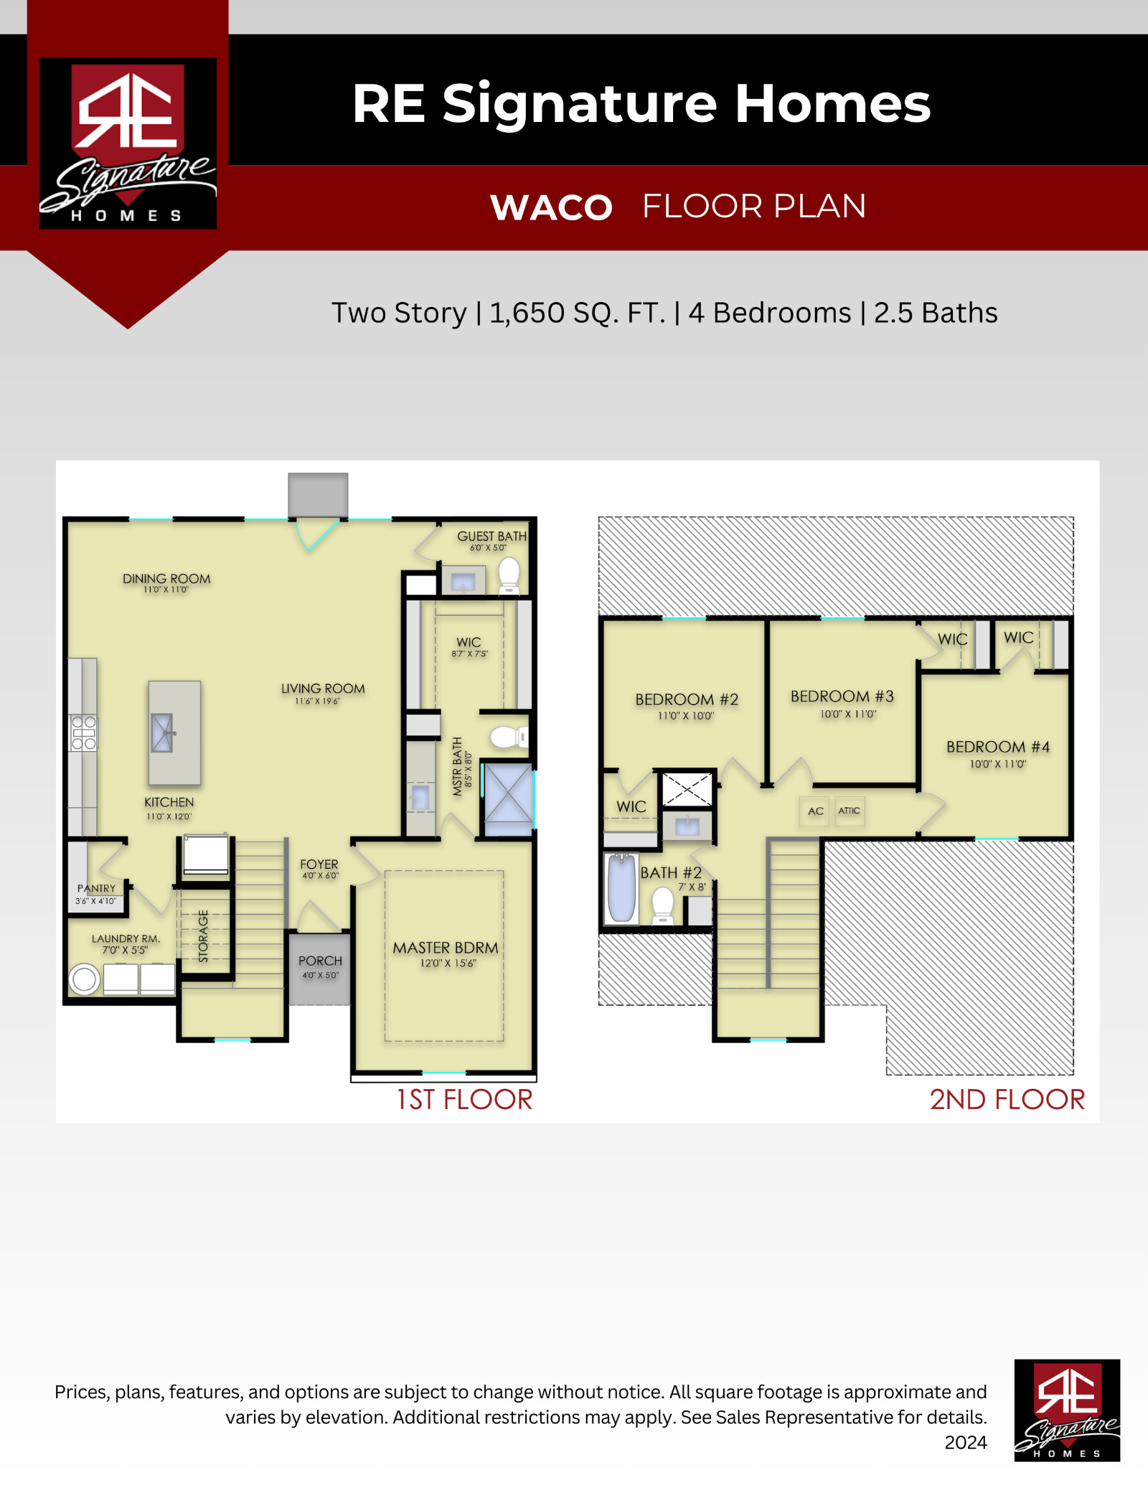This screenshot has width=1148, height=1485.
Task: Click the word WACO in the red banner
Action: (551, 207)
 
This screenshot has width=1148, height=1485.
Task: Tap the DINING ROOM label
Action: (166, 578)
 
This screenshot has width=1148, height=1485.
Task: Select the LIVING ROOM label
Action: (323, 689)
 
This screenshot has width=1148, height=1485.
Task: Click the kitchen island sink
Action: (162, 732)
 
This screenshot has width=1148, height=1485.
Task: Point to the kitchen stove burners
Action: (83, 732)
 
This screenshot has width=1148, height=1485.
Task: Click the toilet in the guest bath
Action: (509, 576)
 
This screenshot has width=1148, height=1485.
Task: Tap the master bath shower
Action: (508, 799)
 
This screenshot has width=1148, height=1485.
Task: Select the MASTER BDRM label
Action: (446, 948)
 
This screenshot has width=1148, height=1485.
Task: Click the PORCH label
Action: (320, 961)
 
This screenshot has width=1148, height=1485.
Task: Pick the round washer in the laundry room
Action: (85, 979)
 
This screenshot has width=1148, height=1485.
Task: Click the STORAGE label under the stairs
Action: (203, 936)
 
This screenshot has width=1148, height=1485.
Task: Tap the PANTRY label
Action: (96, 888)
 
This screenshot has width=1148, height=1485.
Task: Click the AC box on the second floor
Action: (815, 811)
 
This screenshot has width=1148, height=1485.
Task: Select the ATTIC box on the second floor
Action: (850, 811)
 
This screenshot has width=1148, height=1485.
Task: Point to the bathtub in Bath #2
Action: (621, 887)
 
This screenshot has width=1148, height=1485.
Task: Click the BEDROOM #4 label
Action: (998, 747)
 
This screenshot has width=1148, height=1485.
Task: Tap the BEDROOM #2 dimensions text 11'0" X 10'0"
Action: (686, 715)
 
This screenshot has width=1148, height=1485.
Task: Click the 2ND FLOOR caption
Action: (1007, 1099)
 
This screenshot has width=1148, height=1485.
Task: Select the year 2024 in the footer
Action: (966, 1442)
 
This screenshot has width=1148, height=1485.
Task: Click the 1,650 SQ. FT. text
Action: (578, 313)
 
